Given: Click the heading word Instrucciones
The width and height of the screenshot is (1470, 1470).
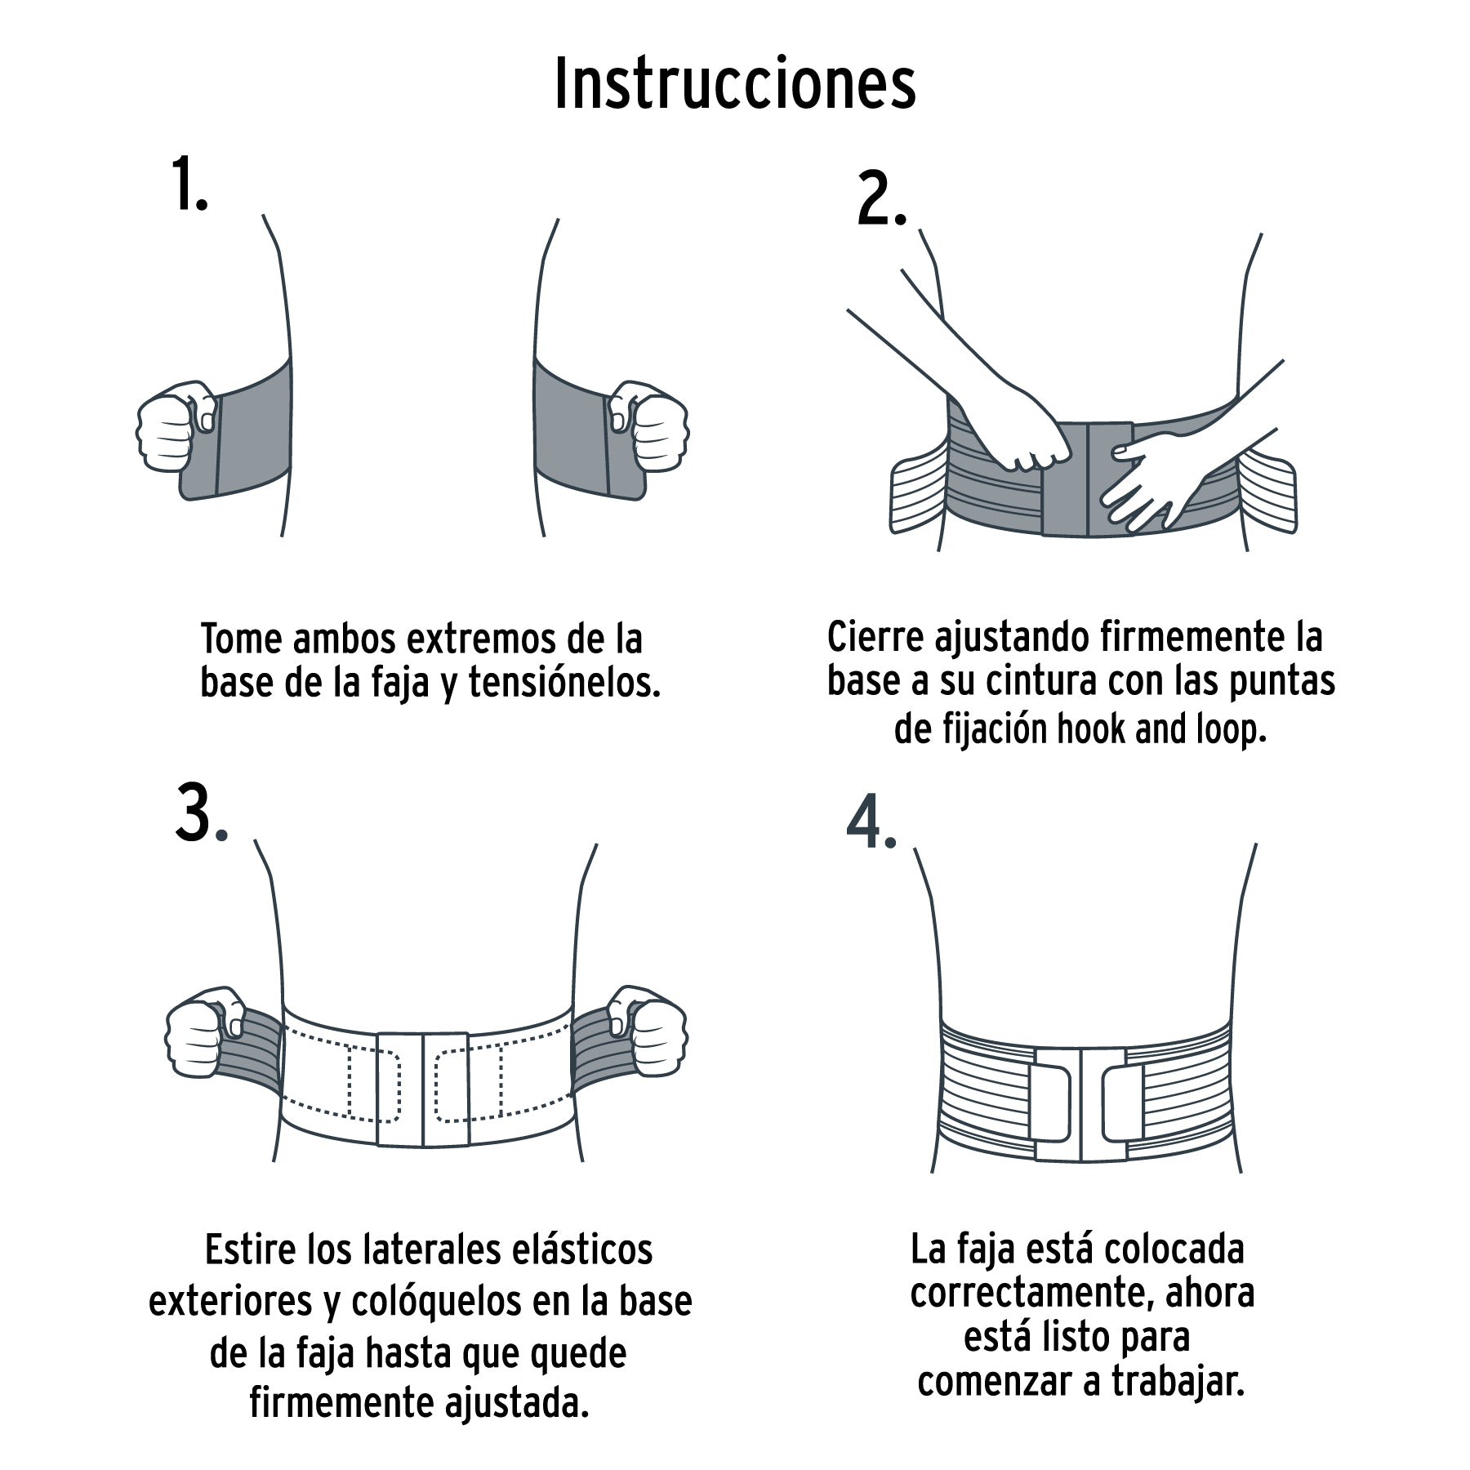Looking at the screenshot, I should coord(735,84).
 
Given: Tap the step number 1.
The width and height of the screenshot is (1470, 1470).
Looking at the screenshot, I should coord(189,185).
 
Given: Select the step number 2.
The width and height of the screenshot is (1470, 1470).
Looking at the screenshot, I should coord(880,201).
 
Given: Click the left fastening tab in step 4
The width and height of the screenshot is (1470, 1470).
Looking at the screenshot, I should coord(1045,1103).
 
